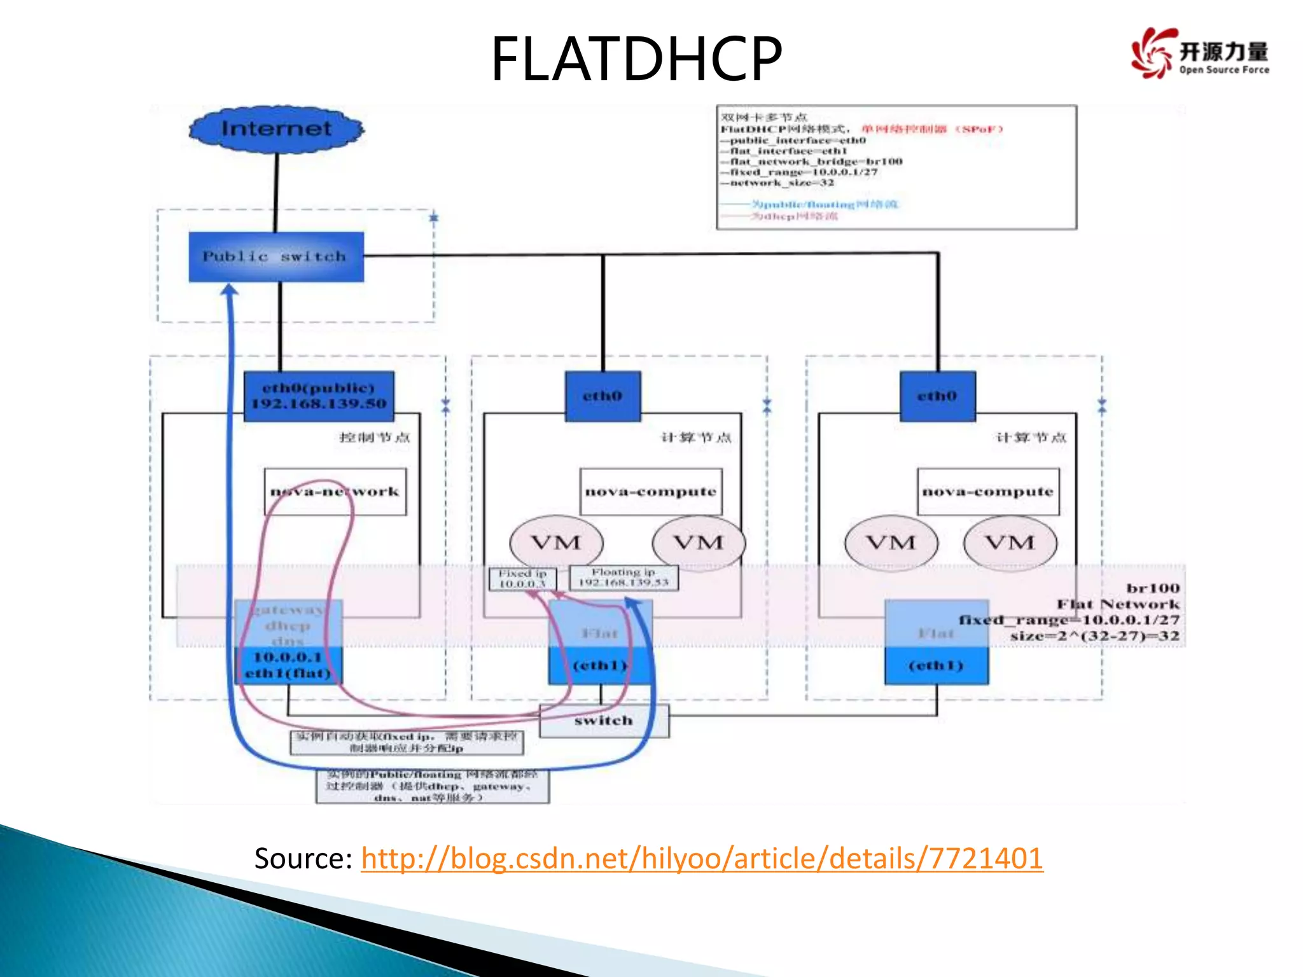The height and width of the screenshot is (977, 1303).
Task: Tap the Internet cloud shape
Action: [276, 129]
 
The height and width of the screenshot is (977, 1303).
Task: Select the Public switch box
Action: [276, 256]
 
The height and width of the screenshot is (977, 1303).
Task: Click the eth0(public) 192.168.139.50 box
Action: [319, 396]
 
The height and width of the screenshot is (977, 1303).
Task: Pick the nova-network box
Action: [335, 492]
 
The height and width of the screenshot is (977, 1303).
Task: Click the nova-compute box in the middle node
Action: [650, 492]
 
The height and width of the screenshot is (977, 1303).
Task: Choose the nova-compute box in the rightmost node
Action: [987, 492]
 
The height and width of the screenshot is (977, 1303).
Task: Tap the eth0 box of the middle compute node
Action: [603, 396]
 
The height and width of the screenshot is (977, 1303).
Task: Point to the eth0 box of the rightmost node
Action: [937, 396]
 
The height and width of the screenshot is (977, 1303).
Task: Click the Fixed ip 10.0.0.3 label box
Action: [522, 579]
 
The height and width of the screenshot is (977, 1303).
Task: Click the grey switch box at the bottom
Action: [604, 721]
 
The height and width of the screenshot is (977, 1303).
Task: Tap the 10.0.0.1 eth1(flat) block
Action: [288, 665]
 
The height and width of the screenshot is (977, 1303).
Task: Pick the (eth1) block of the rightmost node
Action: [936, 665]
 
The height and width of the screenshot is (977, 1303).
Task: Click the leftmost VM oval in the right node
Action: [891, 543]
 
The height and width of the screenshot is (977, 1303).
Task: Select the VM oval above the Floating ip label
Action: [698, 543]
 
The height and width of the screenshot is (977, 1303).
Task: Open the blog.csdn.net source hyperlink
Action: [702, 858]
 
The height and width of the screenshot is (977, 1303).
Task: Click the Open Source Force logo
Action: [1200, 53]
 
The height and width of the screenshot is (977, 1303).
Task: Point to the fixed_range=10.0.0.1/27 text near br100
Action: [1069, 620]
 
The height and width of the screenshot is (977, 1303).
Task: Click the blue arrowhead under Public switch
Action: [230, 290]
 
